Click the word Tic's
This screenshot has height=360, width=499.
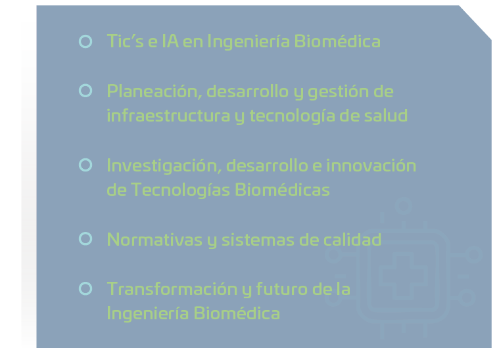click(x=126, y=41)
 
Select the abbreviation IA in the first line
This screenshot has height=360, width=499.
click(x=170, y=41)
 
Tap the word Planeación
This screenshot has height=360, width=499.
click(x=154, y=91)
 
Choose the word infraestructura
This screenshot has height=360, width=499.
click(x=168, y=115)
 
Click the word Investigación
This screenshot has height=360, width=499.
click(x=164, y=166)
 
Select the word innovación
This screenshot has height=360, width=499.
click(x=371, y=166)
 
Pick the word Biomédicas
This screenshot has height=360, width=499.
click(x=282, y=190)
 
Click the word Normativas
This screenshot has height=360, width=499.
click(x=154, y=240)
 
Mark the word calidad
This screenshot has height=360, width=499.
click(x=352, y=239)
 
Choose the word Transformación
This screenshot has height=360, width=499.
click(x=172, y=289)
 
